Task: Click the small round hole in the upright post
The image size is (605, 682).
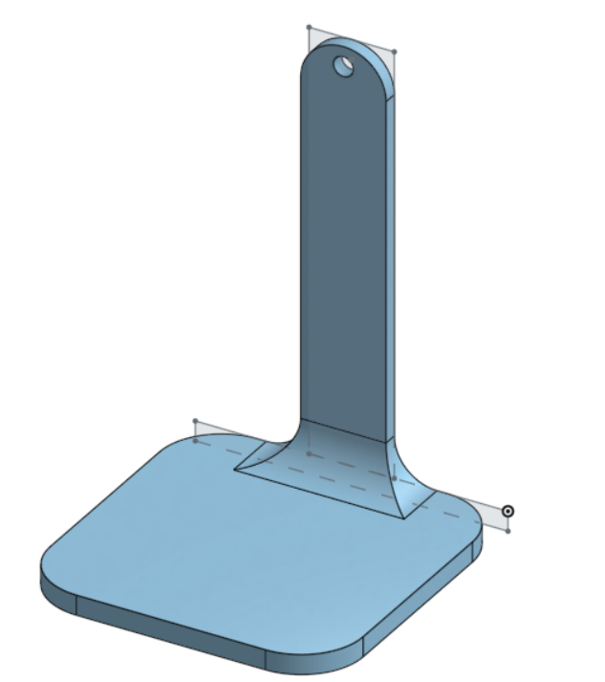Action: [342, 66]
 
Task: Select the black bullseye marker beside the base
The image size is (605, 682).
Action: [508, 512]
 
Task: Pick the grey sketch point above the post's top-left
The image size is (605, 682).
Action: [309, 28]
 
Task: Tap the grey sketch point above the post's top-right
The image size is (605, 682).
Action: [395, 52]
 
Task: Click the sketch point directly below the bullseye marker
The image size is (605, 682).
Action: [508, 530]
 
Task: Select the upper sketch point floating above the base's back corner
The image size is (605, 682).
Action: [195, 421]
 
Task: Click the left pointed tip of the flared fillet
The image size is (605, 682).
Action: [237, 469]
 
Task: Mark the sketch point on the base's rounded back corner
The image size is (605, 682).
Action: [195, 441]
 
